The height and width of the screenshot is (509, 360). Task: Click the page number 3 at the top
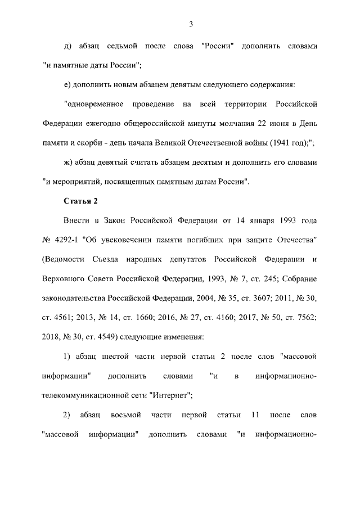(x=191, y=24)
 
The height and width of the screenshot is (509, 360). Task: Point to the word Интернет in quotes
(x=170, y=396)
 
